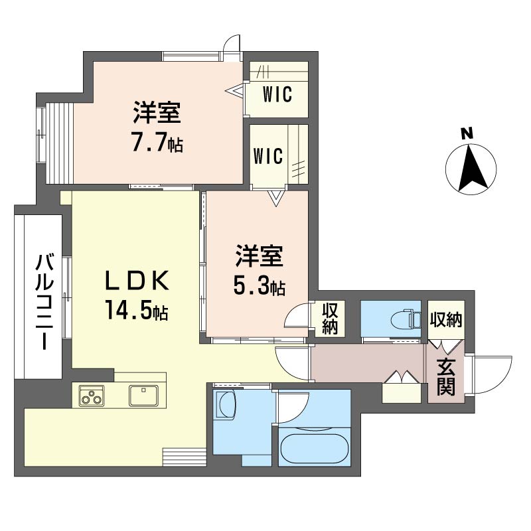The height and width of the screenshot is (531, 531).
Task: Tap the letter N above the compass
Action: click(x=467, y=133)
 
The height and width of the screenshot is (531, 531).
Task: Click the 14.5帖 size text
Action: click(x=135, y=309)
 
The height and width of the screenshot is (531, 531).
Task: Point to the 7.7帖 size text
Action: click(x=157, y=143)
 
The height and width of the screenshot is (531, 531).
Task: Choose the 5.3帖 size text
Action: click(x=259, y=287)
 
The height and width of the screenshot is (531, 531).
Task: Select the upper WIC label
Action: click(x=276, y=95)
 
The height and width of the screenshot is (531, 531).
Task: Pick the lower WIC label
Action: click(x=268, y=157)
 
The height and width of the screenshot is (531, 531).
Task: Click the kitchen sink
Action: click(x=143, y=396)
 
